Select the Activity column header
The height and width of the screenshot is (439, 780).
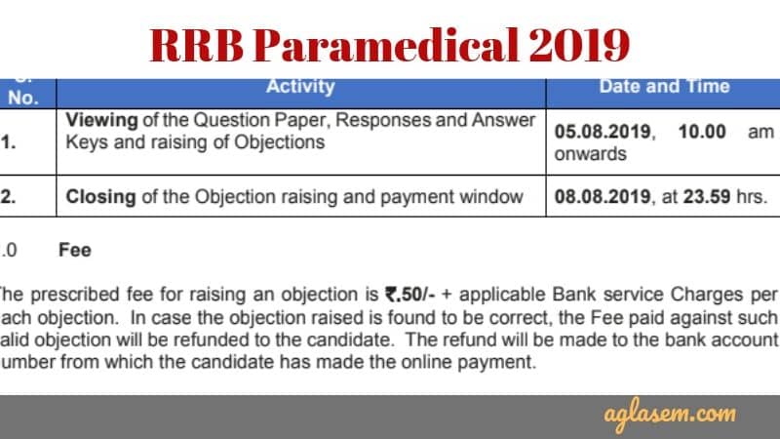(300, 86)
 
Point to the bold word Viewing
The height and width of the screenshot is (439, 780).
(101, 121)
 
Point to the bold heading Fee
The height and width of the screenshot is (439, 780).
(74, 250)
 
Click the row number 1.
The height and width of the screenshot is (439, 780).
(7, 140)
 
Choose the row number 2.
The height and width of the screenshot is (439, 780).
(7, 196)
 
